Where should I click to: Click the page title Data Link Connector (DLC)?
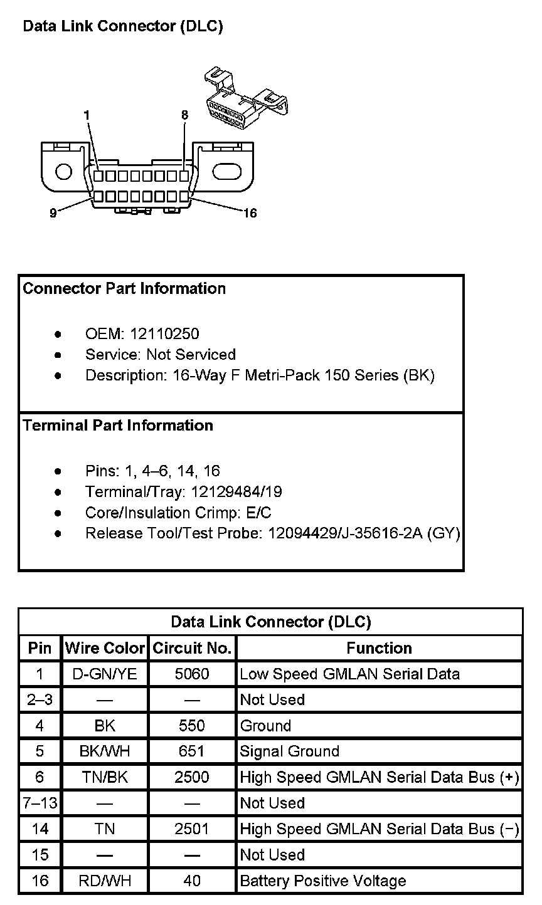tap(122, 26)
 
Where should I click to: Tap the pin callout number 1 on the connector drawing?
tap(87, 115)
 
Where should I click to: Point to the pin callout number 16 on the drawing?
tap(250, 213)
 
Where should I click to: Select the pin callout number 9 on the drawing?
tap(53, 213)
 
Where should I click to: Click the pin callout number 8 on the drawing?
tap(184, 115)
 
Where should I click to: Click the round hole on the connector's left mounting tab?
tap(63, 171)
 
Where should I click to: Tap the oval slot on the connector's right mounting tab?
tap(227, 171)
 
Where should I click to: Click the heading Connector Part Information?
tap(124, 289)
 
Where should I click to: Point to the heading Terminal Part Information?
tap(118, 426)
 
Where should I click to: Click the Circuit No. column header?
tap(192, 648)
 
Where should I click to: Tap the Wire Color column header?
tap(105, 648)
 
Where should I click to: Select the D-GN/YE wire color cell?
tap(105, 674)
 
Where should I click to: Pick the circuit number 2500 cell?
tap(192, 777)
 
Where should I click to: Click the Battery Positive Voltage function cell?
tap(323, 881)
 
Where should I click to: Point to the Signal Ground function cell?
tap(289, 751)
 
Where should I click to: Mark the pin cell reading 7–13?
tap(40, 803)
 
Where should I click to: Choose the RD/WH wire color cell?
tap(105, 881)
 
